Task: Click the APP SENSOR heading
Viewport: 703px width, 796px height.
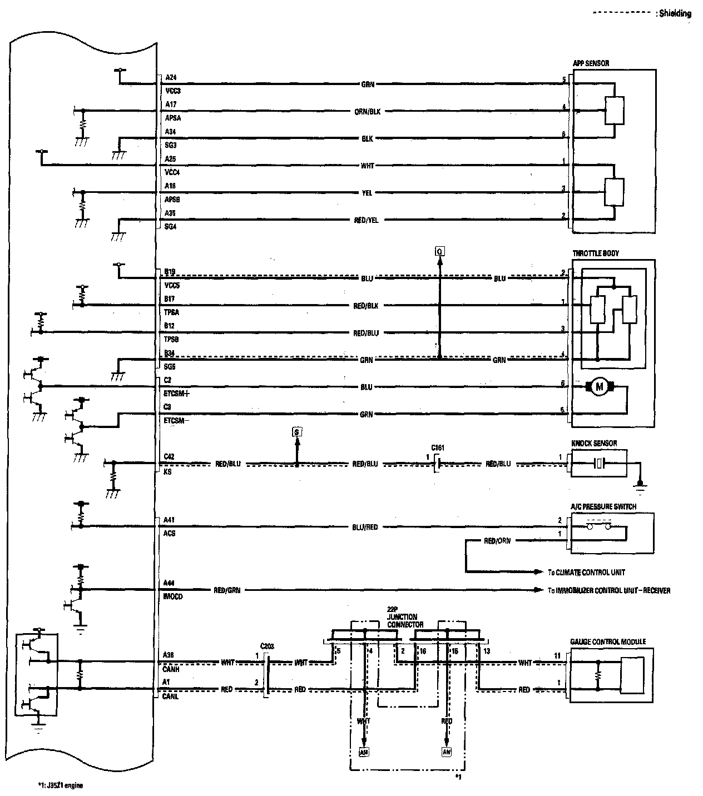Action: click(591, 63)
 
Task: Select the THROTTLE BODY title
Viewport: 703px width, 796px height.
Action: click(596, 253)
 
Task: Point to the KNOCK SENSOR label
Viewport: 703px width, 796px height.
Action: click(594, 444)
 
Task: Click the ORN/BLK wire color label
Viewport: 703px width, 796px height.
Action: click(367, 111)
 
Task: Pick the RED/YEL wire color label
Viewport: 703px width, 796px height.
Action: click(366, 220)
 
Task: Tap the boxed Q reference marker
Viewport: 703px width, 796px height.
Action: click(439, 252)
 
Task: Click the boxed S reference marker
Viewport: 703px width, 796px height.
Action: click(296, 431)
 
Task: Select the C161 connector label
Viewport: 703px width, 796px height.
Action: click(438, 447)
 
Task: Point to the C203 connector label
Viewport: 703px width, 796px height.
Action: click(267, 646)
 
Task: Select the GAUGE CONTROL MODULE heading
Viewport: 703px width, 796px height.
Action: click(608, 641)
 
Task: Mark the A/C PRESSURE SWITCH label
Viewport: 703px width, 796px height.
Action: click(603, 507)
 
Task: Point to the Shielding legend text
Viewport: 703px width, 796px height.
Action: click(675, 14)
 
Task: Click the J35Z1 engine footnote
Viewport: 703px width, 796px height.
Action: click(61, 785)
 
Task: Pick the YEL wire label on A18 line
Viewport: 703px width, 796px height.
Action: click(367, 193)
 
